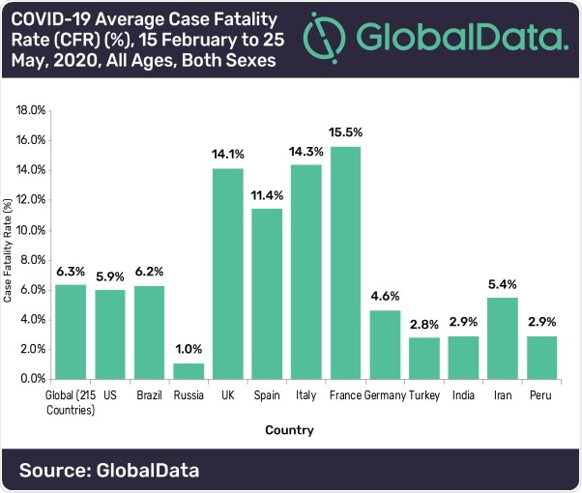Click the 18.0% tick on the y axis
(31, 109)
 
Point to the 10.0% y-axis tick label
(31, 229)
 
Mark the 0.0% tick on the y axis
(33, 379)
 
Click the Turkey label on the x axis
(424, 395)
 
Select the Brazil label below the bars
(148, 395)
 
